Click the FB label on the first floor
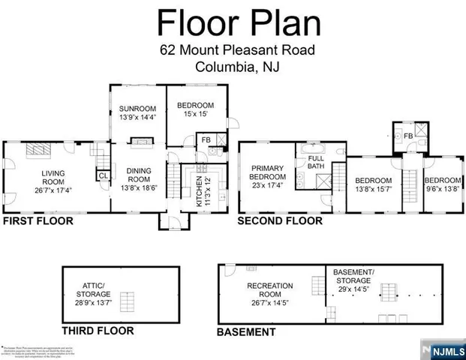[205, 139]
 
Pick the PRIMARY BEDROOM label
[267, 172]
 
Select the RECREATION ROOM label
[269, 290]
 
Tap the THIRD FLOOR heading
[98, 330]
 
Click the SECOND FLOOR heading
[280, 222]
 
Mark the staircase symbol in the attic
[130, 301]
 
